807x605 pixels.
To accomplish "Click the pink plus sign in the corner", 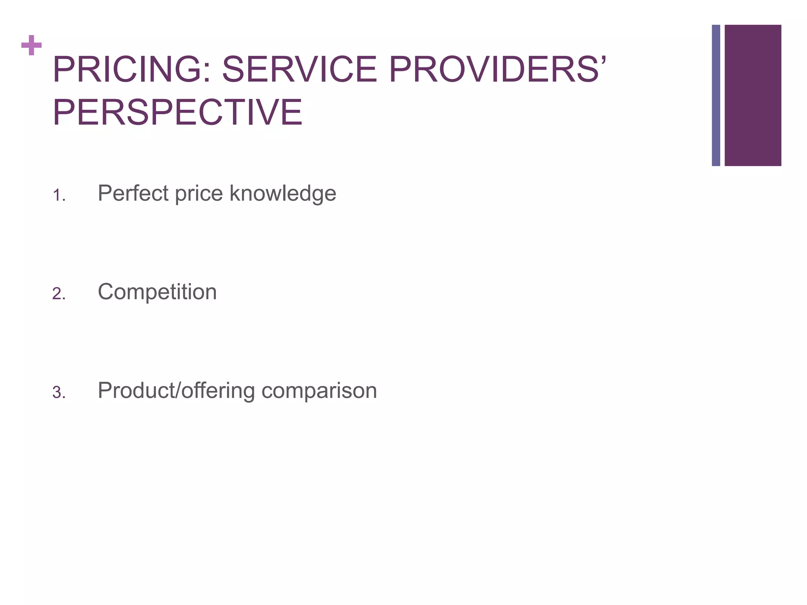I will coord(32,45).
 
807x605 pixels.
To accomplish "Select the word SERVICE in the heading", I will coord(299,70).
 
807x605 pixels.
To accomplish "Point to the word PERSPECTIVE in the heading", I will coord(178,113).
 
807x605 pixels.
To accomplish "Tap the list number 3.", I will coord(59,393).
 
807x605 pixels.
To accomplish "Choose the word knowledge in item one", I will coord(283,194).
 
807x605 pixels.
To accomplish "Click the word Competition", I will coord(157,292).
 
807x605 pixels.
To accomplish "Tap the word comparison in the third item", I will coord(319,391).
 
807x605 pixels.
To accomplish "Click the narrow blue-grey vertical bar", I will coord(716,95).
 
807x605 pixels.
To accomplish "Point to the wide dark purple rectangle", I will coord(753,95).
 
